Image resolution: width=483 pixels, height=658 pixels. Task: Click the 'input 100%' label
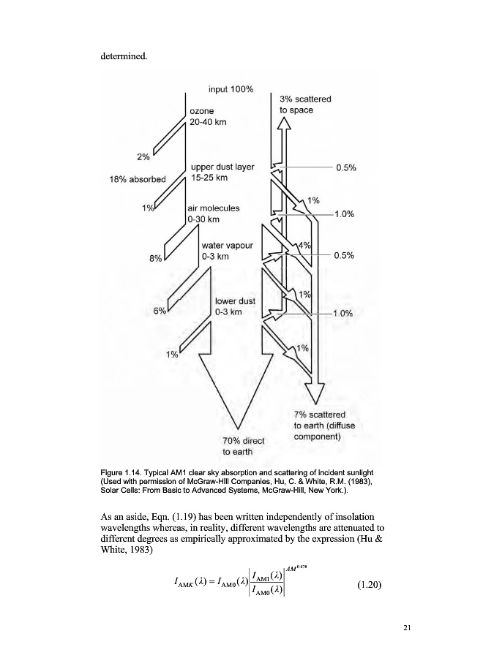231,89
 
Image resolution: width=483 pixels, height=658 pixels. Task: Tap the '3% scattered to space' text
304,105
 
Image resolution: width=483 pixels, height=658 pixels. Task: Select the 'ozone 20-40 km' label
208,117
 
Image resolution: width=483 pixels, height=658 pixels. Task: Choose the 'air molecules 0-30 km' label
213,213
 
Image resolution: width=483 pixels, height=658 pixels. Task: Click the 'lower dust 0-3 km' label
234,306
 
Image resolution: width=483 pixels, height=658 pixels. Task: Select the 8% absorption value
156,257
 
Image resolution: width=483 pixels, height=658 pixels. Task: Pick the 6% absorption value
160,310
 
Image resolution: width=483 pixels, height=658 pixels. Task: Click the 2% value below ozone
143,156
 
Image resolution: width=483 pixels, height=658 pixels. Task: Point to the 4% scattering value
304,246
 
